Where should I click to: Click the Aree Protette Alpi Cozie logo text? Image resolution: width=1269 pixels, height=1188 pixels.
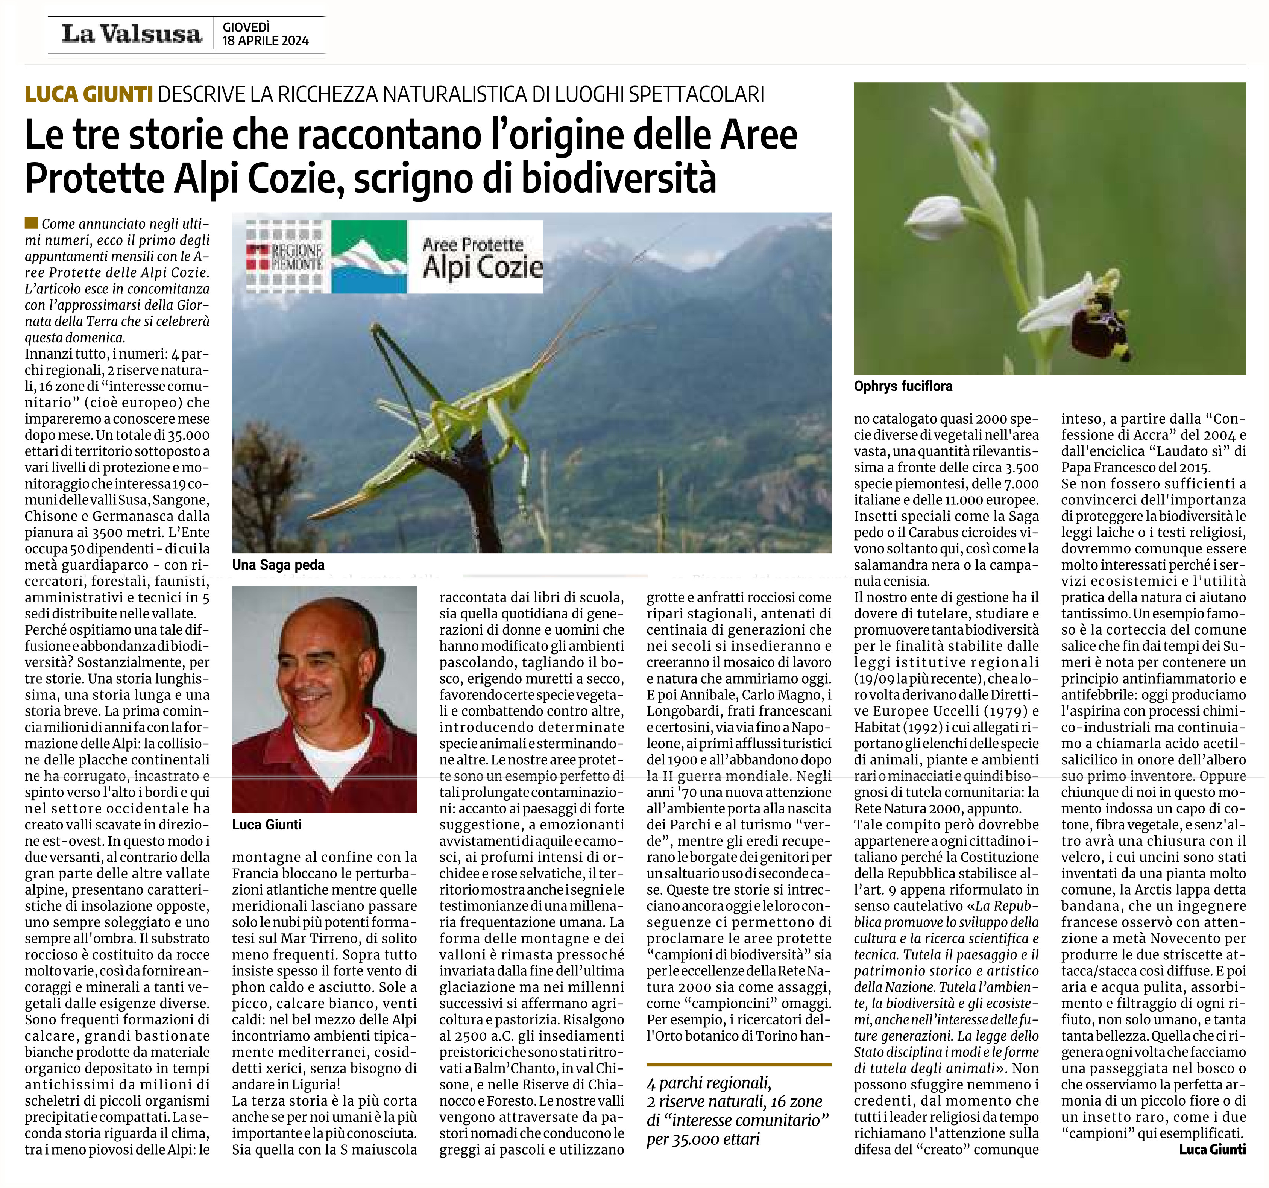pos(481,257)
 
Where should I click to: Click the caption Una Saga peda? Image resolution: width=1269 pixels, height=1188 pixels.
pos(278,564)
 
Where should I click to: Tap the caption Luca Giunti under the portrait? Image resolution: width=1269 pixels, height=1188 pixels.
pos(267,824)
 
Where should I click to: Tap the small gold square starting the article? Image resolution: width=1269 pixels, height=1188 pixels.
pos(31,223)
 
